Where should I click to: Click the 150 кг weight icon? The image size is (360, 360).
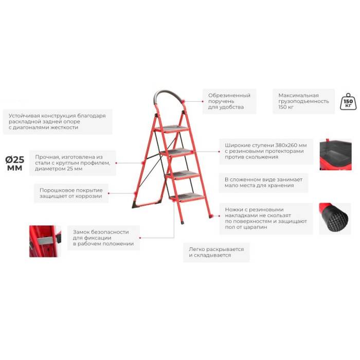(348, 101)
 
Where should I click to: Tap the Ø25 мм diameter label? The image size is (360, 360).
(15, 164)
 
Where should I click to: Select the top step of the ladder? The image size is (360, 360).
(172, 129)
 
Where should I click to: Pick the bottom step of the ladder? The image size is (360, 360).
(187, 197)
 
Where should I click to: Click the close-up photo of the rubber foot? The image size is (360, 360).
(335, 219)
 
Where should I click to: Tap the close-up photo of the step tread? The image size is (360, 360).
(335, 154)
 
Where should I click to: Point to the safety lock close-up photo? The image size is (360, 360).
(45, 241)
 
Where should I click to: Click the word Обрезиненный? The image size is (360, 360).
(229, 96)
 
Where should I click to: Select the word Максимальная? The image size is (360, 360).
(298, 95)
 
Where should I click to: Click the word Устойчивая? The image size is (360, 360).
(25, 116)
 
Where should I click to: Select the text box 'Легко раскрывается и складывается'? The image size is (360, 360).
(217, 253)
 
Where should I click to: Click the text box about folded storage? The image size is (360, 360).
(263, 183)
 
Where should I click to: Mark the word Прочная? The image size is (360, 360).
(46, 157)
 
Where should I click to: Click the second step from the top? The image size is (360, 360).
(177, 152)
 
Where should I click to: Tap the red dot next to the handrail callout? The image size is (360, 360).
(203, 101)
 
